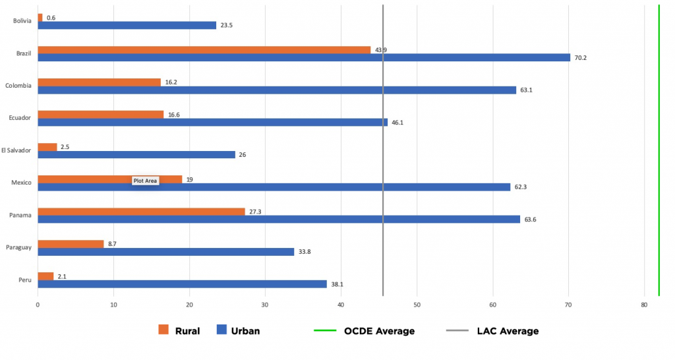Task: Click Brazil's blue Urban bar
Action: coord(303,57)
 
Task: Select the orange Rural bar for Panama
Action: coord(141,212)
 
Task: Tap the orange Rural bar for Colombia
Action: coord(99,82)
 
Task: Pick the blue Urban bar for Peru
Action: coord(182,284)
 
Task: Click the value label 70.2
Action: coord(580,57)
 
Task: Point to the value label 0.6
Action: coord(51,18)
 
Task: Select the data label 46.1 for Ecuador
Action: coord(397,122)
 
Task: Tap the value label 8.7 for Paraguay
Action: coord(113,244)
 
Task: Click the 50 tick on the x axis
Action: coord(417,305)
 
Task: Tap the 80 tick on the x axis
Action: coord(644,305)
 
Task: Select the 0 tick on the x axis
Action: coord(38,305)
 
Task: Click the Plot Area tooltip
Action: coord(145,181)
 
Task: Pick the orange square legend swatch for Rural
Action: coord(164,330)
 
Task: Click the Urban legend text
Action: coord(245,331)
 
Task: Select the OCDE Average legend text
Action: coord(379,331)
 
